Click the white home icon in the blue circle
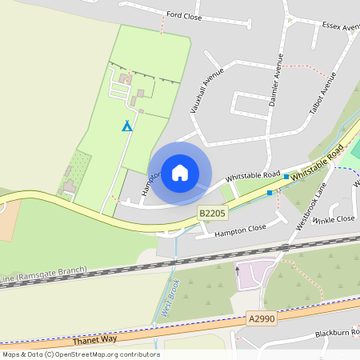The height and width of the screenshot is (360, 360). [180, 173]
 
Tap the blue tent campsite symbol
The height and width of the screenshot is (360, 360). [126, 126]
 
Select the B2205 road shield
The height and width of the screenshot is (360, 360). [211, 213]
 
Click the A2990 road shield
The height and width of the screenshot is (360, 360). [261, 318]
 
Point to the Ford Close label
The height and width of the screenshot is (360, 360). [183, 14]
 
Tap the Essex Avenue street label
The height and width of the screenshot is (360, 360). [340, 26]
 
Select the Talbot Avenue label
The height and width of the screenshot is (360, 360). [324, 92]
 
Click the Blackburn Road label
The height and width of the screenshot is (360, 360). [336, 332]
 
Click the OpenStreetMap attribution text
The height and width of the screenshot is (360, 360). [80, 354]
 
